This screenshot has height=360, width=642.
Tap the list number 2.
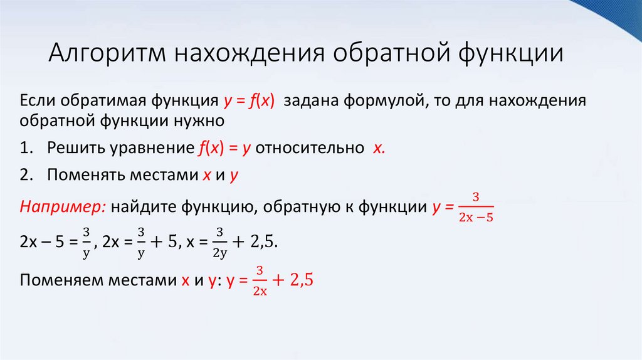point(25,176)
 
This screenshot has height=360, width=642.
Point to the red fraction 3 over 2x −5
point(476,208)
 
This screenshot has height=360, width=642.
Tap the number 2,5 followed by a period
point(265,243)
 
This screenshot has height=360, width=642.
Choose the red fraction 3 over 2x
point(260,281)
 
